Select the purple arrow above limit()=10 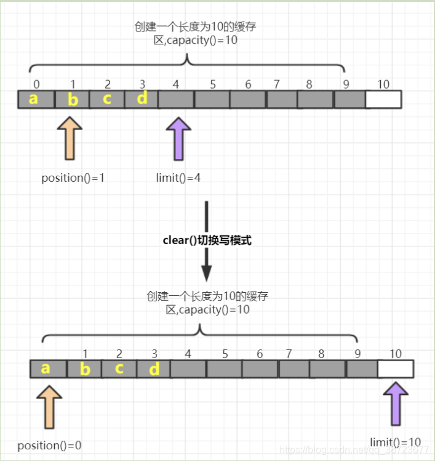pos(394,404)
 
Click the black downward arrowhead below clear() pos(207,272)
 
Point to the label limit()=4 pos(178,178)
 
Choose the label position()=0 pos(49,445)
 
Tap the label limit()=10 pos(396,442)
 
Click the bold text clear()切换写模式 pos(207,240)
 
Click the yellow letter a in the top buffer pos(33,99)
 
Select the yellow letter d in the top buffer pos(142,99)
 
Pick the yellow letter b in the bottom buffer pos(85,369)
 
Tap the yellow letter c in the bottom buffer pos(119,369)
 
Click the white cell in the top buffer pos(383,99)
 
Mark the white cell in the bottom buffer pos(395,369)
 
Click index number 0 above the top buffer pos(37,83)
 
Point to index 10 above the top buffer pos(383,84)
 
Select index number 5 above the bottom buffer pos(225,354)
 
